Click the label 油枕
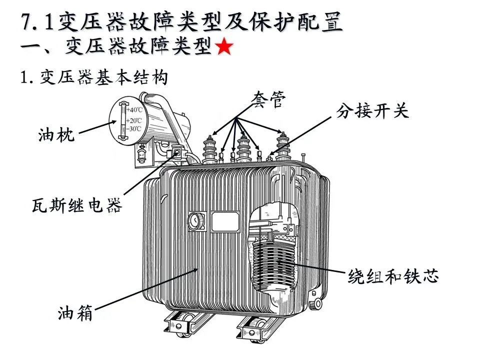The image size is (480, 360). click(x=56, y=134)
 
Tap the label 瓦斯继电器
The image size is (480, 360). click(x=77, y=205)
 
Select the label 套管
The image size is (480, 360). click(x=268, y=100)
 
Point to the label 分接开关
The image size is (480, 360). click(x=372, y=111)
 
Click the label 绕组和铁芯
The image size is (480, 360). click(x=393, y=276)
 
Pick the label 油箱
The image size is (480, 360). click(x=75, y=313)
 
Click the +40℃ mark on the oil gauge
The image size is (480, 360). click(x=134, y=109)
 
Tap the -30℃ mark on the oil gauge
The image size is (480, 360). click(x=134, y=128)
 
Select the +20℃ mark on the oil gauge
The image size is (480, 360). click(x=134, y=120)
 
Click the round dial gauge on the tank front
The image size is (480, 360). click(x=196, y=221)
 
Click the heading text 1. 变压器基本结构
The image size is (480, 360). click(x=94, y=77)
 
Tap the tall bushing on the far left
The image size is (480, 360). click(x=209, y=149)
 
